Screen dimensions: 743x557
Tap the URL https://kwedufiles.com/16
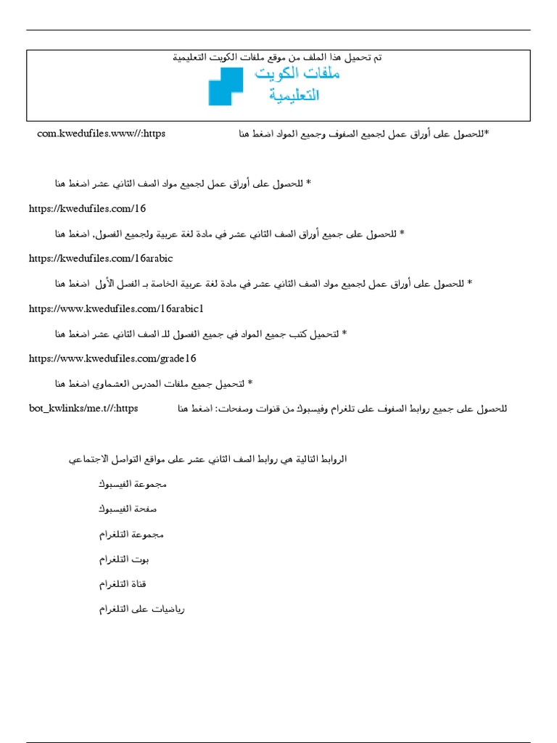[x=87, y=209]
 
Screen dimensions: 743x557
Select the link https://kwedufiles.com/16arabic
[x=101, y=258]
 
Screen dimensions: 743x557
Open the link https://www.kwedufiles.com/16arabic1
[x=111, y=308]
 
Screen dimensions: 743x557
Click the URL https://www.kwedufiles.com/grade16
[x=112, y=358]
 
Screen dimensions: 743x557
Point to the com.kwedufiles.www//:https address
[x=101, y=134]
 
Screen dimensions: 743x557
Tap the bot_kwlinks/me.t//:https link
[x=83, y=409]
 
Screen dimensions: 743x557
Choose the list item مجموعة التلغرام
[x=131, y=535]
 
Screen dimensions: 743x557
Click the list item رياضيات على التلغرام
[x=142, y=609]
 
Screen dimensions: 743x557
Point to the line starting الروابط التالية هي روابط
[x=207, y=459]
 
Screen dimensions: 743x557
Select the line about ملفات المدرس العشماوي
[x=154, y=383]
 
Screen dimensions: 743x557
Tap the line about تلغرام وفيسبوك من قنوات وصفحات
[x=342, y=409]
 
